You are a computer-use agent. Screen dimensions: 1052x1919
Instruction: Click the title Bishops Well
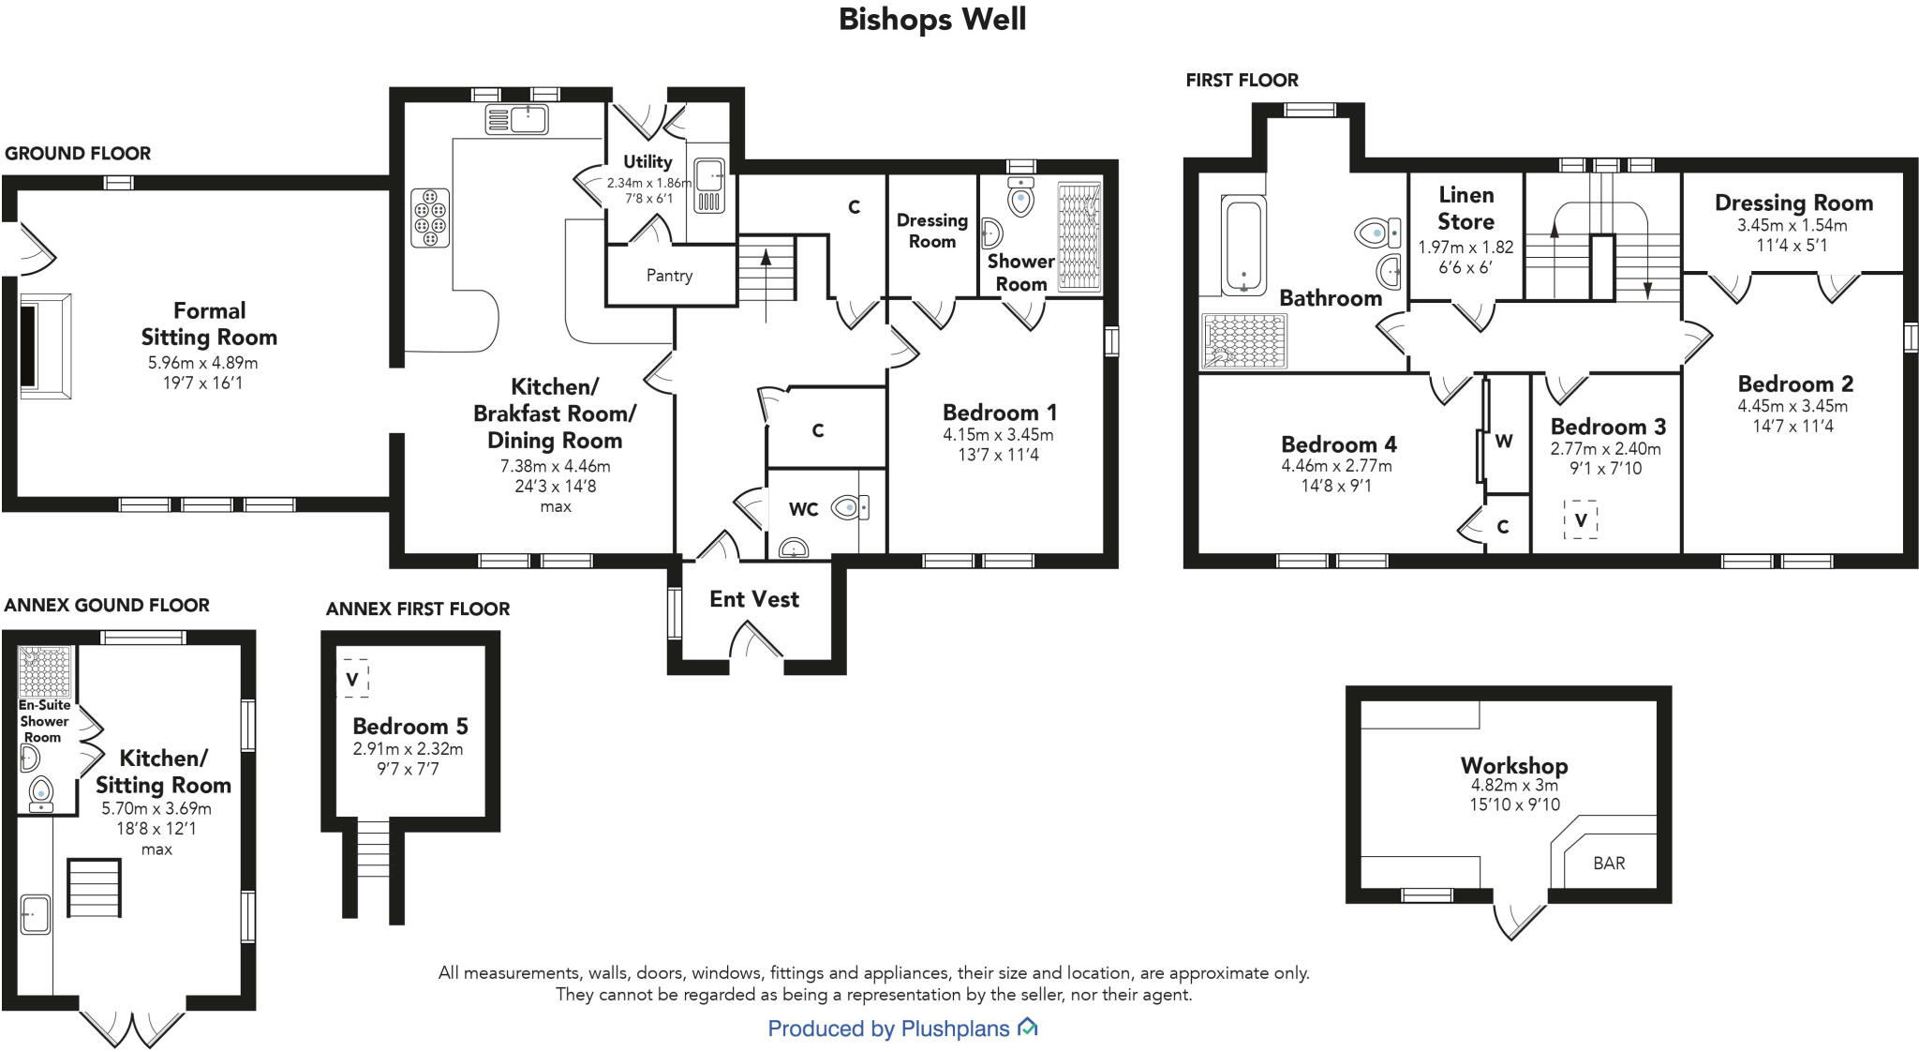pos(931,20)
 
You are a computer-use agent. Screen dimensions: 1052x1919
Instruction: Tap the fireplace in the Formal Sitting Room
pos(43,346)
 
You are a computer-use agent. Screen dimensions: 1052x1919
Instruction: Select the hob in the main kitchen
pos(430,218)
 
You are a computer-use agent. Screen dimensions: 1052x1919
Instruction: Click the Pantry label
pos(669,276)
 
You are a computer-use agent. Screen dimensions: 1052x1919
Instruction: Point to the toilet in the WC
pos(849,508)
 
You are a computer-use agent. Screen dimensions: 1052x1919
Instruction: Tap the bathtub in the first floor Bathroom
pos(1243,245)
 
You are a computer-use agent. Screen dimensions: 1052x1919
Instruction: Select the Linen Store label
pos(1465,208)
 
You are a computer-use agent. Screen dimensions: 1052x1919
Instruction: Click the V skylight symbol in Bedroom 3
pos(1581,519)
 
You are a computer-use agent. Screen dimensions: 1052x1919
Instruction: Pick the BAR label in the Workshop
pos(1609,864)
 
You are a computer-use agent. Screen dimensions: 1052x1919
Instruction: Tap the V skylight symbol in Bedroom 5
pos(352,679)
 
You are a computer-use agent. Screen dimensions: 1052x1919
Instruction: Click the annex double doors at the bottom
pos(132,1027)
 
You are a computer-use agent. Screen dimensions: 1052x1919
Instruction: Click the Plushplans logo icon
pos(1028,1028)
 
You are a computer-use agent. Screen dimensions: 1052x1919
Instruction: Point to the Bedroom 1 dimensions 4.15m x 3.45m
pos(998,435)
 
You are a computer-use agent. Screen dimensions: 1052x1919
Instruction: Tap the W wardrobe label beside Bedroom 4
pos(1503,442)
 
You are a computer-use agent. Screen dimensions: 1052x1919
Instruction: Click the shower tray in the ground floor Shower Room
pos(1079,236)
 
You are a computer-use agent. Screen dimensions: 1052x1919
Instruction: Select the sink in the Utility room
pos(708,175)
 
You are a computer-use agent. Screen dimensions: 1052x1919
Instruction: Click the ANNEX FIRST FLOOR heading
pos(418,609)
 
